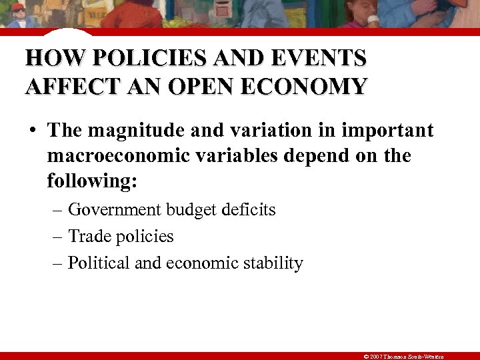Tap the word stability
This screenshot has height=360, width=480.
coord(275,263)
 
